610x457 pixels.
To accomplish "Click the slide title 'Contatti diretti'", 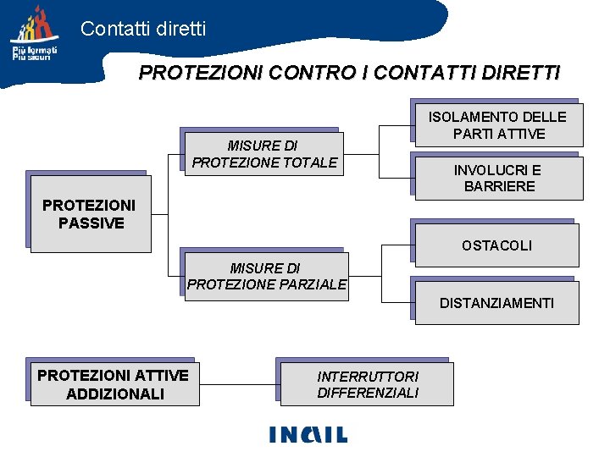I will pyautogui.click(x=143, y=29).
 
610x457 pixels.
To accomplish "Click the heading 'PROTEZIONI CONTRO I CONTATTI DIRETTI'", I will pyautogui.click(x=349, y=73).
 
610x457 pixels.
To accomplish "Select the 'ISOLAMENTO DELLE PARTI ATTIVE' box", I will pyautogui.click(x=497, y=124).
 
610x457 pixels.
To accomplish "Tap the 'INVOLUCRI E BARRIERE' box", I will pyautogui.click(x=497, y=178).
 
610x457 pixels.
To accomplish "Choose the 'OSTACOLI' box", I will pyautogui.click(x=496, y=245).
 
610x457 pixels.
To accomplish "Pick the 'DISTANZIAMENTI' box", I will pyautogui.click(x=496, y=302).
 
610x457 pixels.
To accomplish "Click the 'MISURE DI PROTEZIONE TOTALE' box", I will pyautogui.click(x=264, y=154).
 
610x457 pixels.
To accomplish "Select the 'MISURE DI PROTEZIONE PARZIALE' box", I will pyautogui.click(x=266, y=277).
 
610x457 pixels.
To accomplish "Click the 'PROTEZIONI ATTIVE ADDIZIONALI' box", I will pyautogui.click(x=114, y=384).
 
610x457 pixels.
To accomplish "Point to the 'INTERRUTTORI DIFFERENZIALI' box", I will pyautogui.click(x=368, y=384).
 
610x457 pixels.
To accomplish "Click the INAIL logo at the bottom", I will pyautogui.click(x=308, y=433).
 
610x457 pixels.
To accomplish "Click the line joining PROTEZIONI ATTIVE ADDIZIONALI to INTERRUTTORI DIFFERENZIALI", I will pyautogui.click(x=238, y=384).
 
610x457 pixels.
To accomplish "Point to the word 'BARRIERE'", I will pyautogui.click(x=500, y=186).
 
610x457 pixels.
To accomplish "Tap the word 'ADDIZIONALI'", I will pyautogui.click(x=114, y=394).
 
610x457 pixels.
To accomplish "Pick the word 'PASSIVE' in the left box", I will pyautogui.click(x=91, y=223).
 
